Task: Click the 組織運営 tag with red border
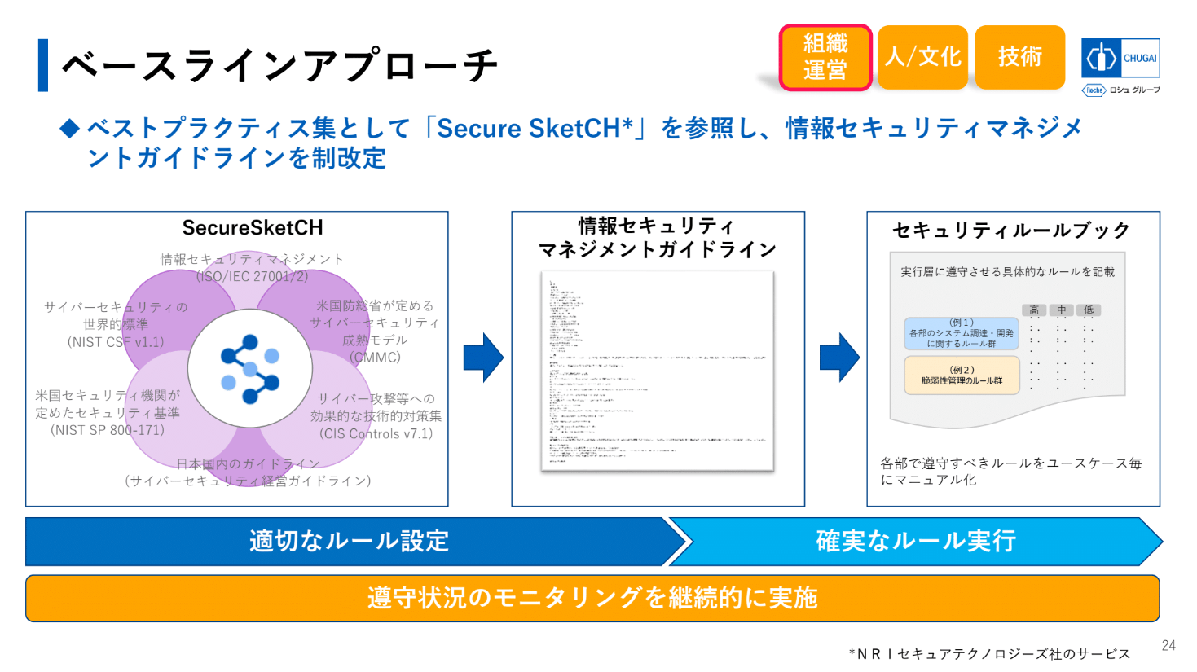[825, 57]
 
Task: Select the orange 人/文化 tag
[922, 57]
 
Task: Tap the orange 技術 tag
[1019, 57]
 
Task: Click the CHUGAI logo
[1120, 59]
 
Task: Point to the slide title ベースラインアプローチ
[279, 65]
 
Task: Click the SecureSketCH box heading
[253, 227]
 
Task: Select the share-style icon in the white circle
[250, 369]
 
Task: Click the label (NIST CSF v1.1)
[116, 342]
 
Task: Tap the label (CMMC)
[375, 357]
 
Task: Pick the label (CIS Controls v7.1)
[376, 433]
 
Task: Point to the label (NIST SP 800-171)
[108, 430]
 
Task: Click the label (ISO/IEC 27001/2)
[252, 276]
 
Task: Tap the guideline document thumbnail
[657, 371]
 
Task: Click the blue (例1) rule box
[962, 333]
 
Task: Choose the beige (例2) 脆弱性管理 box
[962, 376]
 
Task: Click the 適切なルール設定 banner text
[349, 542]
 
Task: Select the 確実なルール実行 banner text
[916, 542]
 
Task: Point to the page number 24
[1168, 645]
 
